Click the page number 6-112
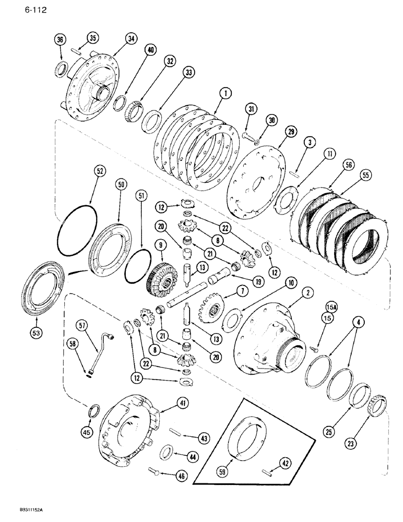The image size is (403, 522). pyautogui.click(x=19, y=9)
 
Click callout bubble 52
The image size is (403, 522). pyautogui.click(x=100, y=170)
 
